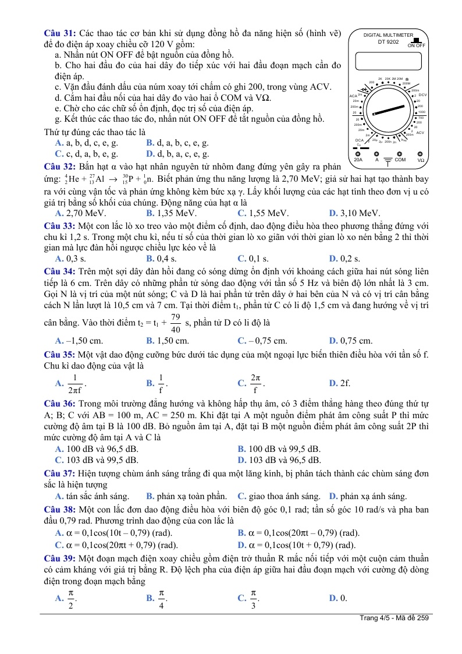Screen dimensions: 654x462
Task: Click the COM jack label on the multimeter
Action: (400, 160)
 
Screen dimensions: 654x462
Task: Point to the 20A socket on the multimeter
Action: (358, 154)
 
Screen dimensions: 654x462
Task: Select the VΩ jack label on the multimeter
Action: (420, 160)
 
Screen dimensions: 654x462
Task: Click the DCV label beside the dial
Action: (422, 95)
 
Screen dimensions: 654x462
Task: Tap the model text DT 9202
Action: (388, 41)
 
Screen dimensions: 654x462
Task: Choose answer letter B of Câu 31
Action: (150, 143)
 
